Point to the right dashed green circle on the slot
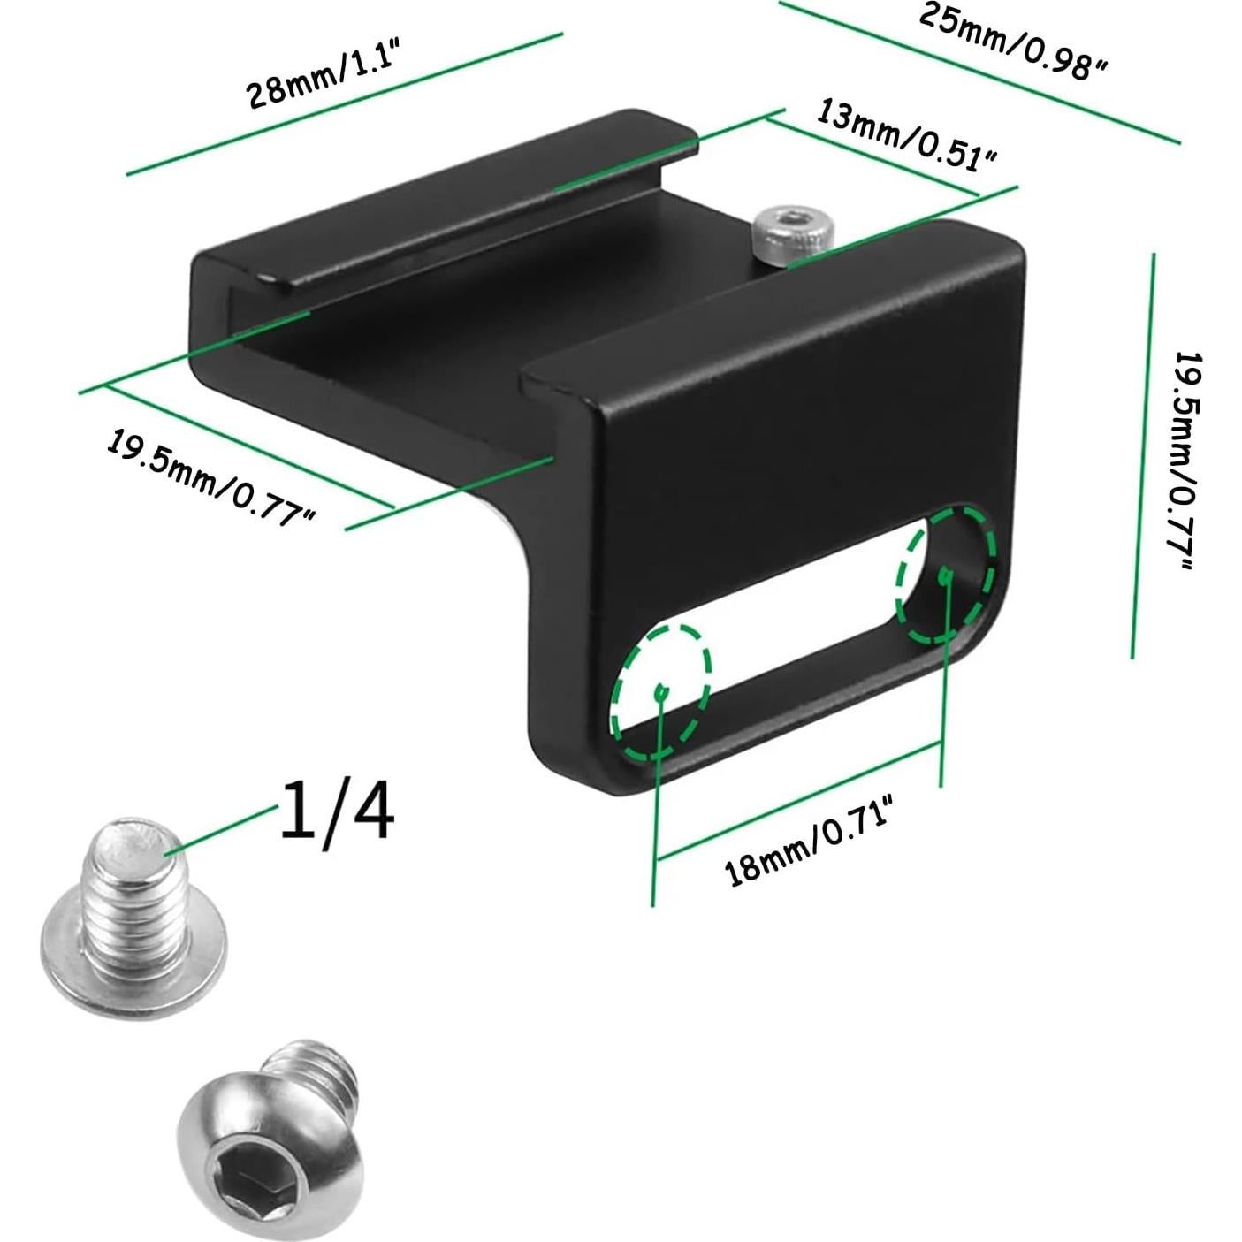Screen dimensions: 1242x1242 point(946,575)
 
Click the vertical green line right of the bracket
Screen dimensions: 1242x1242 point(1142,455)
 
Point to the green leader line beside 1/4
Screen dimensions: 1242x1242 point(221,829)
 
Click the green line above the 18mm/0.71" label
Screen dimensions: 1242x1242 point(796,800)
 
